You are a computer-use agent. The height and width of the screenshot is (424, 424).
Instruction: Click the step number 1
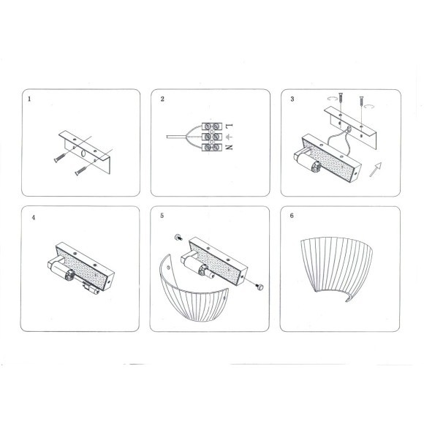[x=29, y=99]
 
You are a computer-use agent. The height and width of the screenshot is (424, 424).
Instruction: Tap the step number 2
[x=162, y=99]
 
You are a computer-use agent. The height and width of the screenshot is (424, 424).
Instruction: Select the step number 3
[x=292, y=99]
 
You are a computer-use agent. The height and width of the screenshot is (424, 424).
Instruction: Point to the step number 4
[x=33, y=218]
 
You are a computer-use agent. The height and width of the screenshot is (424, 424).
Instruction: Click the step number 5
[x=162, y=216]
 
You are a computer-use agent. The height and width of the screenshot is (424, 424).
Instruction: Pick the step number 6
[x=292, y=216]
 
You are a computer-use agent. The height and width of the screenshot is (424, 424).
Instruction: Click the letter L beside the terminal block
[x=230, y=126]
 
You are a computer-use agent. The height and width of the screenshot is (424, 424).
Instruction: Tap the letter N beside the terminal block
[x=230, y=147]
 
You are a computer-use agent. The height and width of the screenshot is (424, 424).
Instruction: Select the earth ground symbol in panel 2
[x=230, y=137]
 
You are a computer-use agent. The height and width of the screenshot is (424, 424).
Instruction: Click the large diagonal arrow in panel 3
[x=376, y=170]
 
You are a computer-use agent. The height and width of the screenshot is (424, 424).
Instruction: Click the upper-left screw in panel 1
[x=60, y=158]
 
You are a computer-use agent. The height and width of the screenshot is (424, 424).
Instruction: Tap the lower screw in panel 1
[x=80, y=171]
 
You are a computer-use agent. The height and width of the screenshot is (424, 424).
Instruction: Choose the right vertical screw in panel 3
[x=362, y=102]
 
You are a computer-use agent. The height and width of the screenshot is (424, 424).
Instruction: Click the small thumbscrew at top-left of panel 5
[x=178, y=237]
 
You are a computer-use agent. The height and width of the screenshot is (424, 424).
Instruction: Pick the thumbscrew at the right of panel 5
[x=260, y=286]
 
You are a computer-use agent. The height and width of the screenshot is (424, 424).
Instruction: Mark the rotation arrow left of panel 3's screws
[x=333, y=99]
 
